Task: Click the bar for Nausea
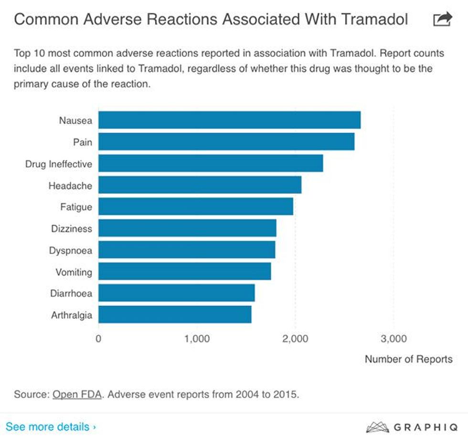(x=229, y=120)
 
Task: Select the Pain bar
(x=226, y=142)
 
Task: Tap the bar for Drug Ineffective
(x=211, y=163)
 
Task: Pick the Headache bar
(x=200, y=185)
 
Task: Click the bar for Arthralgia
(x=175, y=315)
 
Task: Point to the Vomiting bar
(x=184, y=272)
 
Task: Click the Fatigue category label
(x=76, y=207)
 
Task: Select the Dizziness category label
(x=71, y=229)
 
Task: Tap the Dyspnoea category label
(x=70, y=250)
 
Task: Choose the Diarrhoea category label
(x=71, y=293)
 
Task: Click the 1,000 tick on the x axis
(x=196, y=339)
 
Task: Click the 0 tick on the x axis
(x=98, y=339)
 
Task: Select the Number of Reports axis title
(x=408, y=359)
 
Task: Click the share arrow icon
(x=442, y=19)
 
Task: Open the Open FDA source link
(x=77, y=395)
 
